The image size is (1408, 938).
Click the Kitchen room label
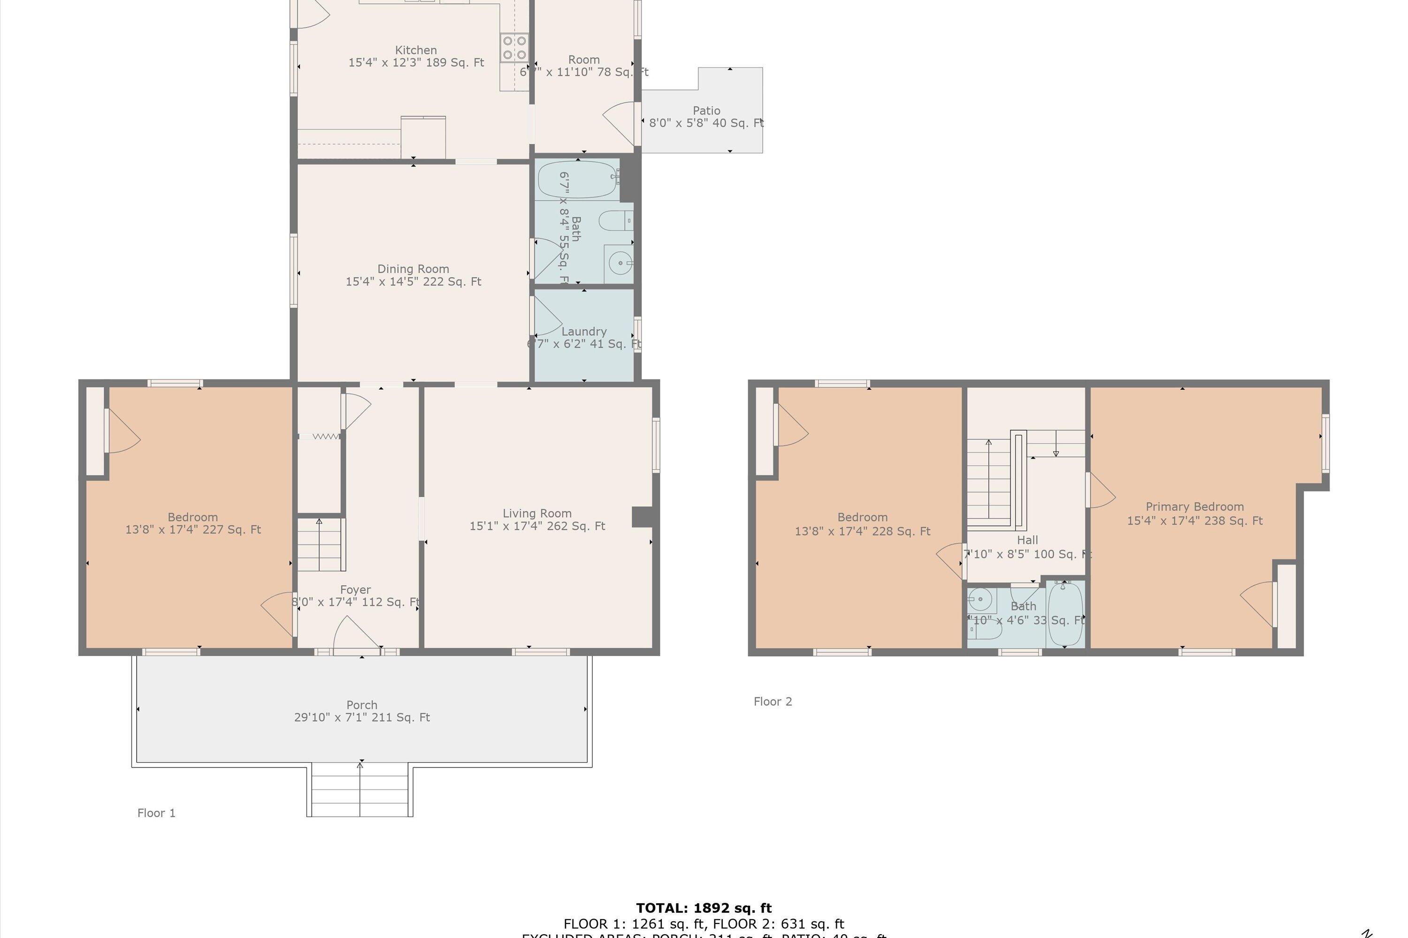pos(415,50)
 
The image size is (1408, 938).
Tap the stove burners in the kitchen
pos(514,48)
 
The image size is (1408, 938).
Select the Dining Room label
pos(413,269)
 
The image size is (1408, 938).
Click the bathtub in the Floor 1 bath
pos(577,180)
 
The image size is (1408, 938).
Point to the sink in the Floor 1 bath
pos(620,263)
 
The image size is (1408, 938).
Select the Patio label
pos(706,111)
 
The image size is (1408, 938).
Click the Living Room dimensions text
pos(537,526)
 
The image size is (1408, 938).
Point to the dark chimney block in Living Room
pos(642,517)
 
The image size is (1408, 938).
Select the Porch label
pos(361,705)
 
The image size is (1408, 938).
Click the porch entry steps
pos(360,790)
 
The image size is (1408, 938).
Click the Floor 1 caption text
pos(156,813)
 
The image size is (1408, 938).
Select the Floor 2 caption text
pos(772,702)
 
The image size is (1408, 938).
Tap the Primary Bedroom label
pos(1194,507)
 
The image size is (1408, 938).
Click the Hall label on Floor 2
pos(1027,540)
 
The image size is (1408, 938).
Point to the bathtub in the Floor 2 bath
pos(1065,614)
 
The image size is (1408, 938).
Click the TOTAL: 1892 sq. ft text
pos(704,908)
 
